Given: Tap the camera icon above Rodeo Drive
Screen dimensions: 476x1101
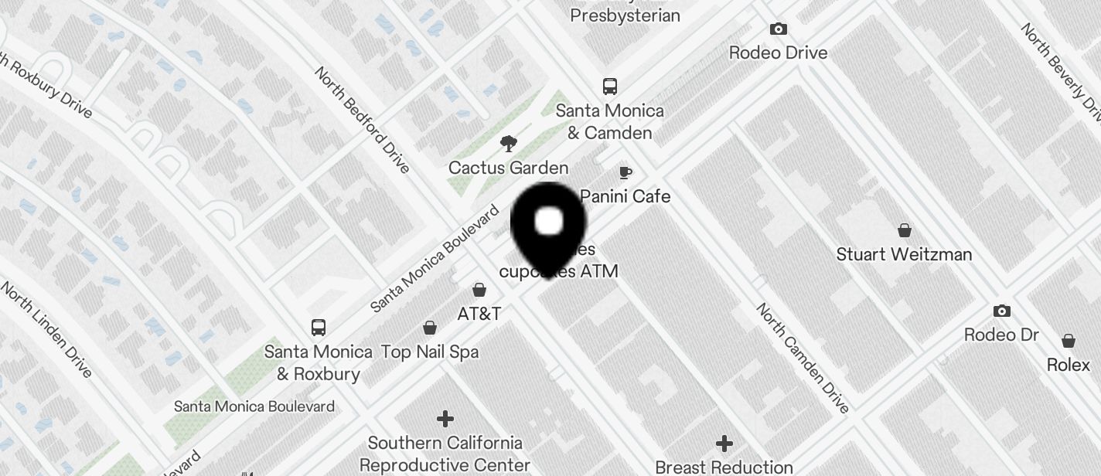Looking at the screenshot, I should click(778, 29).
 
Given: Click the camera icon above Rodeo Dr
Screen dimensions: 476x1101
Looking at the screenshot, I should click(1001, 311).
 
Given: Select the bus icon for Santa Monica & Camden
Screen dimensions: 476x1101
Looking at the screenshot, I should click(610, 86).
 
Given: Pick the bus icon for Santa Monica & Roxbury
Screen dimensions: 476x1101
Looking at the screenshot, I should click(318, 327).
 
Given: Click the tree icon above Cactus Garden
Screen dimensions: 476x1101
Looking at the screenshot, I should click(508, 143).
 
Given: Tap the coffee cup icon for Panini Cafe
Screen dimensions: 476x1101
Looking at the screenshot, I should click(625, 172).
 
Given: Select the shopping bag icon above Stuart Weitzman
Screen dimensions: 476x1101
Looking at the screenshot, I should click(904, 230).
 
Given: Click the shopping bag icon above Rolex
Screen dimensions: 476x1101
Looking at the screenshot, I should click(1068, 341).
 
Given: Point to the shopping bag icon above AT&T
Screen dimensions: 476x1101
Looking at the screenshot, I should click(479, 290).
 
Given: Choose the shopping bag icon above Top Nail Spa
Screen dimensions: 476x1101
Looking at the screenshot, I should click(430, 328).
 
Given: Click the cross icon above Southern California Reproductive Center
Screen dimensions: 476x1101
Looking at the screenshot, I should click(445, 419).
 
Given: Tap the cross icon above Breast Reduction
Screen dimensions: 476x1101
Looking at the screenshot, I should click(724, 444).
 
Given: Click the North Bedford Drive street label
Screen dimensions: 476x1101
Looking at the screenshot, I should click(362, 120).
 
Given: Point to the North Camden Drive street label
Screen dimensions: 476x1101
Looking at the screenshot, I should click(803, 358).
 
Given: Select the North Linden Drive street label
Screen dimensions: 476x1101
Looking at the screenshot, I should click(46, 330).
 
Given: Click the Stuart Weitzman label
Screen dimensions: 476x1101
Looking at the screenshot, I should click(904, 254).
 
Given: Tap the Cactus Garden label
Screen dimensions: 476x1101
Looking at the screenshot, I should click(508, 168).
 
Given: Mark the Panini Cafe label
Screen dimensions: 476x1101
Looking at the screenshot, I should click(625, 196).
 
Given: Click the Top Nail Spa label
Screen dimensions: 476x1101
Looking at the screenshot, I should click(430, 352).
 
